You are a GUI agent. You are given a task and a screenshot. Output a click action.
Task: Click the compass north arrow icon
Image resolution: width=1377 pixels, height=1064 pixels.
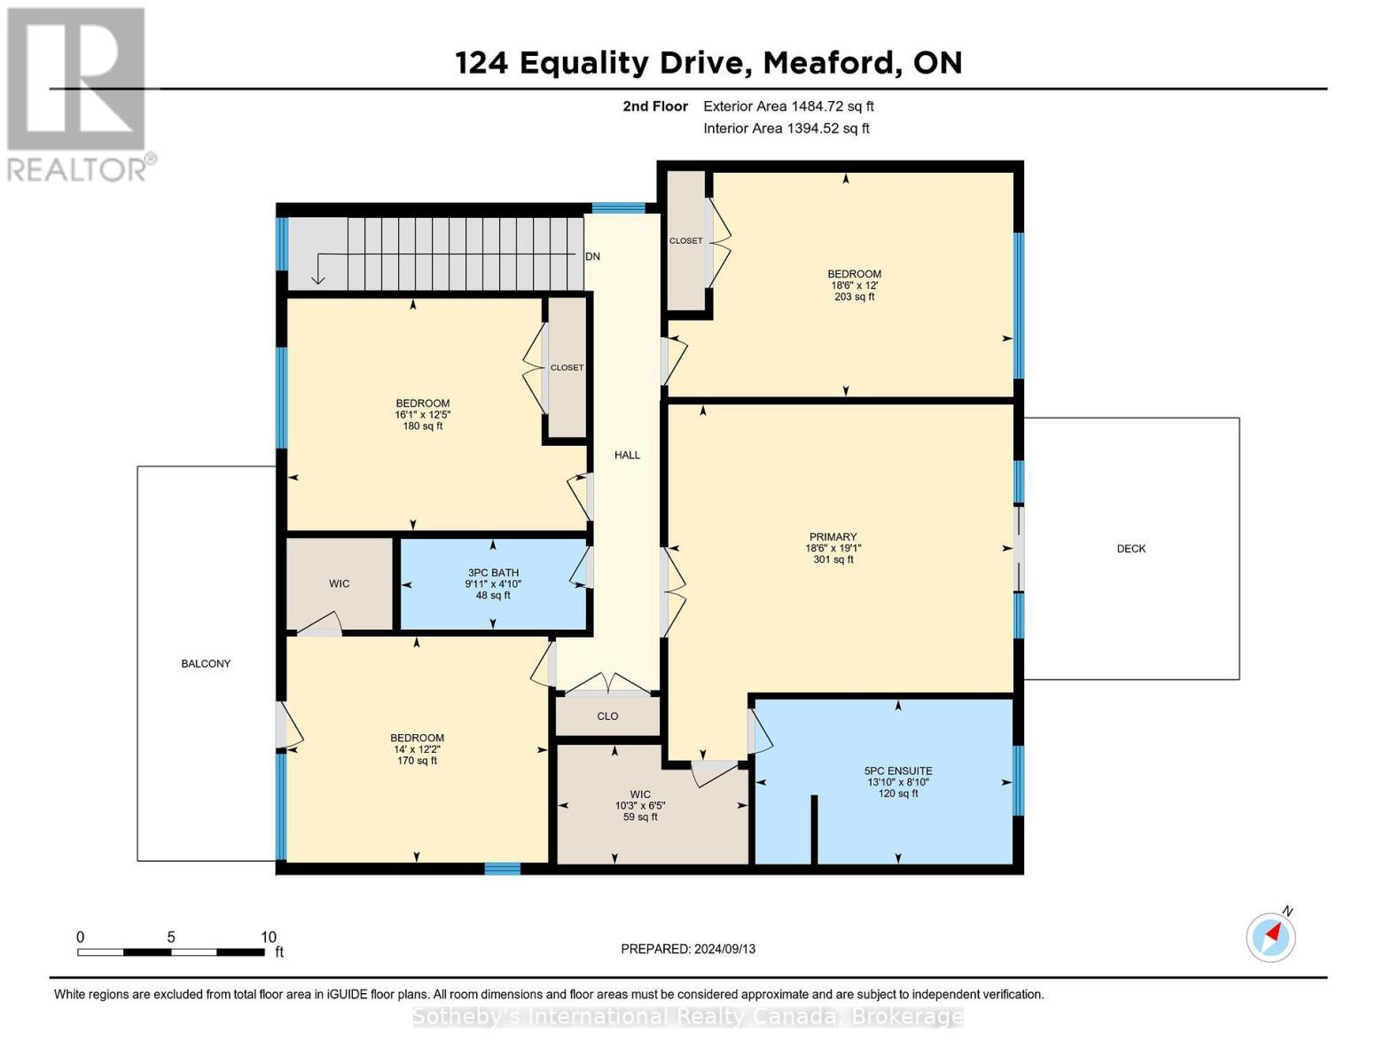(x=1271, y=936)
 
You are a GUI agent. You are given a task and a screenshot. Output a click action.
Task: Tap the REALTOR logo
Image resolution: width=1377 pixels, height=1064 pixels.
(x=78, y=94)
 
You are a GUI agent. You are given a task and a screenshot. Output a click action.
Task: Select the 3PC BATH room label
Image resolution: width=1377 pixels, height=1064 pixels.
(x=493, y=573)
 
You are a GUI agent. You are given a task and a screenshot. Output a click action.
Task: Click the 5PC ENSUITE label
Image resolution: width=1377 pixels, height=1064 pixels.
(x=898, y=771)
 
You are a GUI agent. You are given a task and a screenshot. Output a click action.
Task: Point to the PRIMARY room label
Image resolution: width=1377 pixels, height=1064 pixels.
(x=833, y=537)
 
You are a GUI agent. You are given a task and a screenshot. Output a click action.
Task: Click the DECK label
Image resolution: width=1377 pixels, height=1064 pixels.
(x=1131, y=549)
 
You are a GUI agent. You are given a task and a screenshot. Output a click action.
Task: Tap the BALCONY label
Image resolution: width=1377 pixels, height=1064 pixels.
(x=206, y=664)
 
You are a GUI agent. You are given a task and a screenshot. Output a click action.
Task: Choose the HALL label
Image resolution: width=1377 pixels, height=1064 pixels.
(x=627, y=456)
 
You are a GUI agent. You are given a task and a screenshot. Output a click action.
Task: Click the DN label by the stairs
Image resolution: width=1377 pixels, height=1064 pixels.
(x=592, y=257)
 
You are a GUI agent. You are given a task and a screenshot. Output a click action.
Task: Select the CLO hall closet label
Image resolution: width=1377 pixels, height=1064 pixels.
(x=607, y=716)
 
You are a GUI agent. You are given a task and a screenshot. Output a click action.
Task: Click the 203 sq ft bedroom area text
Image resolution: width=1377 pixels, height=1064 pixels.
(x=854, y=297)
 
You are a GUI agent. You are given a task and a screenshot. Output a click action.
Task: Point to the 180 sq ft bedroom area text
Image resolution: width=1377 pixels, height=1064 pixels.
(x=422, y=426)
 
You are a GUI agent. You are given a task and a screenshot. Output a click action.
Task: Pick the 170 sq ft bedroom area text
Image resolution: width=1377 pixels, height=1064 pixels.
(x=417, y=761)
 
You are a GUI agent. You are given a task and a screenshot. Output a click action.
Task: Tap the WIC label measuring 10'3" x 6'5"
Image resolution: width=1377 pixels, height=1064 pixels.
(x=640, y=794)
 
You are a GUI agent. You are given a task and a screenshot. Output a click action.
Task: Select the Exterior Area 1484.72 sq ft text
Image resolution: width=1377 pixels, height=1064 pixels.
(x=788, y=106)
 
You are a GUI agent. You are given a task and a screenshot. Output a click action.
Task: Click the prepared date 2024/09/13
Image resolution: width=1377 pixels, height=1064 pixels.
(x=725, y=949)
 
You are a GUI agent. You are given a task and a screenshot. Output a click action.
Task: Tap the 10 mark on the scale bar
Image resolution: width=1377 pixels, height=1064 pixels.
(x=269, y=937)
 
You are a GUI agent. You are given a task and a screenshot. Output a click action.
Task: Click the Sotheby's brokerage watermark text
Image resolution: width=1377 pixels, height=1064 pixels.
(x=688, y=1016)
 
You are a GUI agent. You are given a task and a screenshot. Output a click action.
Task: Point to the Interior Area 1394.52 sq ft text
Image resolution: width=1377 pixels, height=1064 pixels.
(x=786, y=129)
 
